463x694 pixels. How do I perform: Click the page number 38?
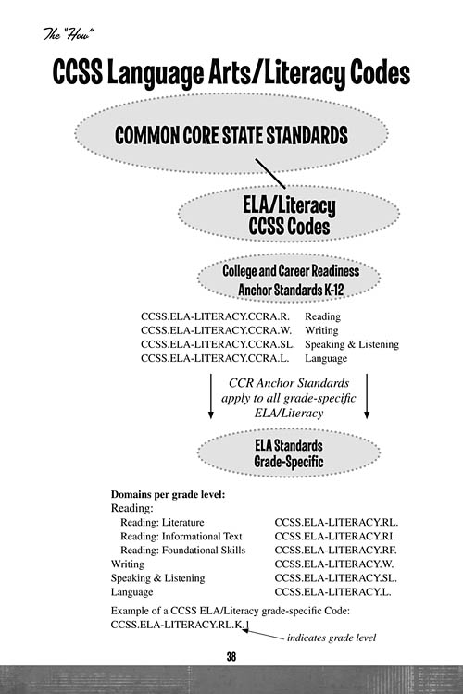coord(231,656)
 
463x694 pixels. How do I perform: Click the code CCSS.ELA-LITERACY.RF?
coord(336,549)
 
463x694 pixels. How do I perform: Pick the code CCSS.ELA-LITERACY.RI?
coord(336,535)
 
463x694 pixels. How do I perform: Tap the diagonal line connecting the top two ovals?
coord(271,173)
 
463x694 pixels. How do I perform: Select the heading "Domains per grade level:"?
coord(168,493)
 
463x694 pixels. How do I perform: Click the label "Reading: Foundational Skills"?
coord(182,549)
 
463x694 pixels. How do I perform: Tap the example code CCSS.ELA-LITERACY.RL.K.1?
coord(180,626)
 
